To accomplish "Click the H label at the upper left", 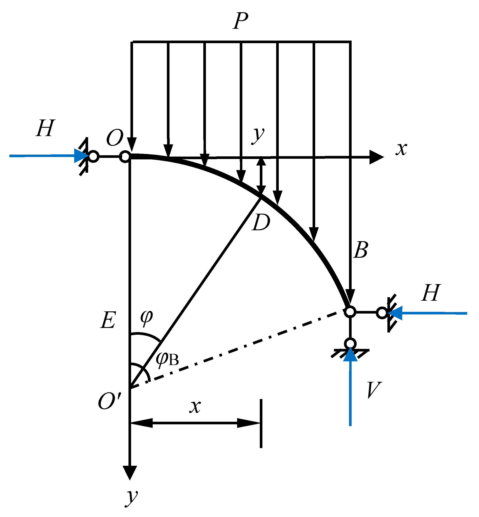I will pos(45,128).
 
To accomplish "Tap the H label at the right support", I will pos(431,293).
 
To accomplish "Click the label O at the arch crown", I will pos(114,138).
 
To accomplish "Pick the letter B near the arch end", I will pos(361,250).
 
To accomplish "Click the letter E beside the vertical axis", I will pos(108,320).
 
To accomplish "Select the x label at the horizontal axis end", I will pos(401,149).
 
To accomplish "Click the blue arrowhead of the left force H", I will pos(81,155).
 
